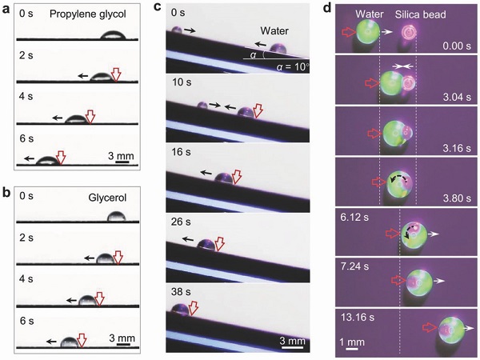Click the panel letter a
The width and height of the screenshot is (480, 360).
[x=6, y=10]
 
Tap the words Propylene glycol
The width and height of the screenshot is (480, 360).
[x=87, y=14]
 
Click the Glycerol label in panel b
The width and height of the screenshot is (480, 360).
[x=107, y=198]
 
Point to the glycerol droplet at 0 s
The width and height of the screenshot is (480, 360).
[x=116, y=216]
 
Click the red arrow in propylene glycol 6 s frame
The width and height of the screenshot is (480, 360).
[x=62, y=158]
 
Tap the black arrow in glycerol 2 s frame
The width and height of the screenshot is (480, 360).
[x=90, y=258]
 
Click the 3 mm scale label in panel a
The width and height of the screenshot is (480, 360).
[x=122, y=156]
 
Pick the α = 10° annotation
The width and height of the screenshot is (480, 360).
[x=293, y=66]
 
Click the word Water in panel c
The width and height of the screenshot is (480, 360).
[x=274, y=31]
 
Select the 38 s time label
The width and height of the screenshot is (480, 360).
[x=181, y=292]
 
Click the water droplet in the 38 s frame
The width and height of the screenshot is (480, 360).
[x=180, y=310]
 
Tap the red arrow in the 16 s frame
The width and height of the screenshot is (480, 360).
[x=237, y=178]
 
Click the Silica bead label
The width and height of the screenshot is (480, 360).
[x=420, y=14]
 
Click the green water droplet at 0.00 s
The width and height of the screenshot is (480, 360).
[x=368, y=31]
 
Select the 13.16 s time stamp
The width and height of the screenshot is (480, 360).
[x=358, y=317]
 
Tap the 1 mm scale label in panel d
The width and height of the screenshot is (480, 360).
[x=352, y=342]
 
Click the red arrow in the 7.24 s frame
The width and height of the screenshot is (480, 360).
[x=398, y=280]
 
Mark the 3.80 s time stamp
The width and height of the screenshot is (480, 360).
[x=457, y=198]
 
